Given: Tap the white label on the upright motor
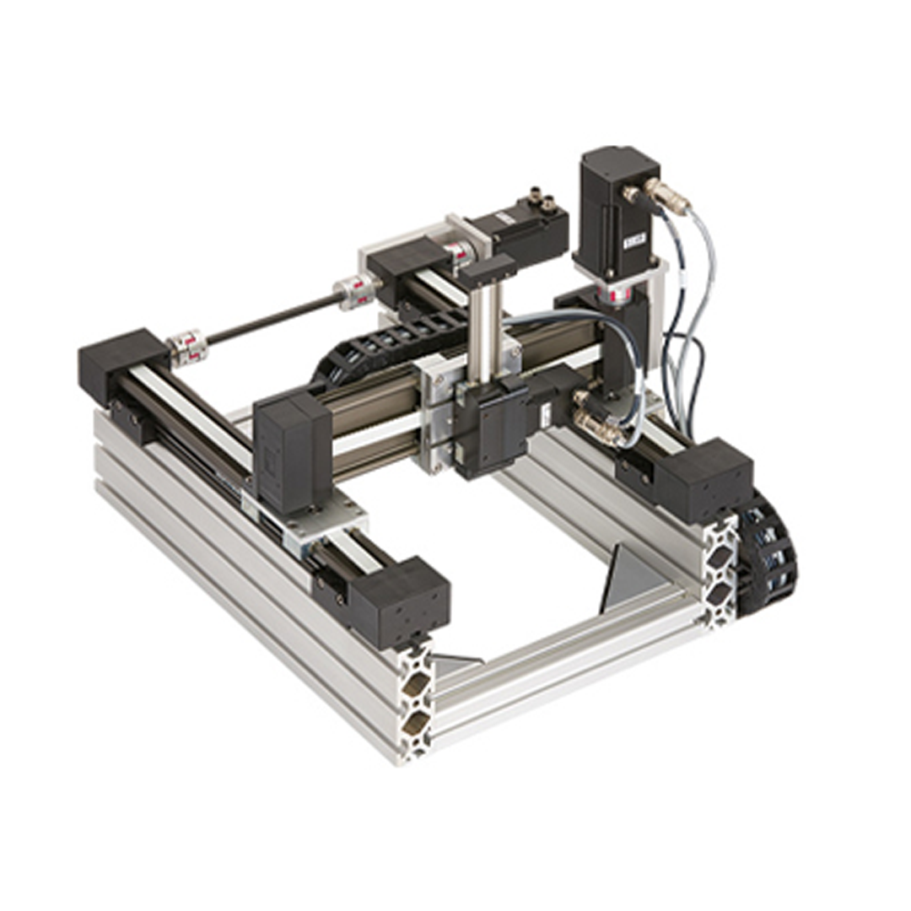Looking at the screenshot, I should (634, 240).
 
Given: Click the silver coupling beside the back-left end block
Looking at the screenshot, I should (187, 347).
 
